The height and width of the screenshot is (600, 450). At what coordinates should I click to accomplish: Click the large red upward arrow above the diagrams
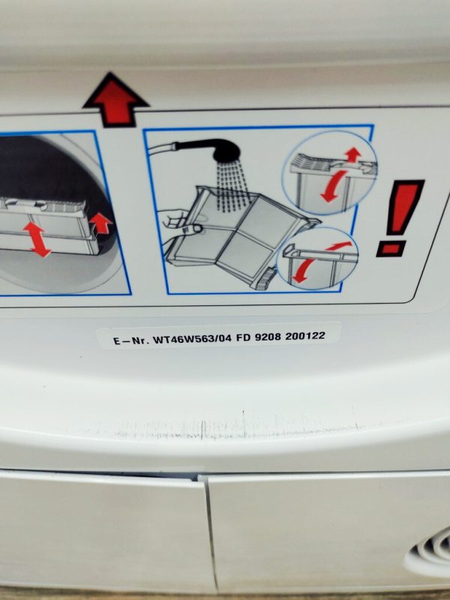point(115,100)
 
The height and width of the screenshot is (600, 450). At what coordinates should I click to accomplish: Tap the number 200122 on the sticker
point(305,336)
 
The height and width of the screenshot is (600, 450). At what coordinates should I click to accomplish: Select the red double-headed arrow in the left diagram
point(37,239)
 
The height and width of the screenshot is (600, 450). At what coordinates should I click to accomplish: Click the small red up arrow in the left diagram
point(100,223)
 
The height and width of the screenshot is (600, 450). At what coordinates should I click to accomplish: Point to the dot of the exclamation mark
point(391,249)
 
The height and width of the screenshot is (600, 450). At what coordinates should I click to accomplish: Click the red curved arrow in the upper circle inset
point(333,187)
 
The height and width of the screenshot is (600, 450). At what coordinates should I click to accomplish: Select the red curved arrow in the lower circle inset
point(316,262)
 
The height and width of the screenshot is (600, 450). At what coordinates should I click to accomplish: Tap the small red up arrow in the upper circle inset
point(352,154)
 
